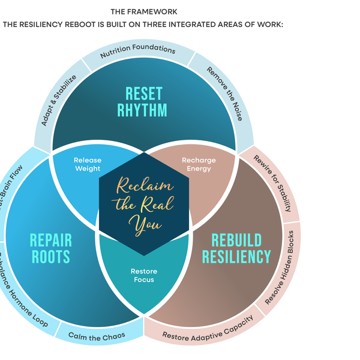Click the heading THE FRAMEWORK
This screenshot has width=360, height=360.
pos(144,11)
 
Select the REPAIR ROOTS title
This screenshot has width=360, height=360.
pos(51,249)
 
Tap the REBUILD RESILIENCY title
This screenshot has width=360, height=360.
pos(236,249)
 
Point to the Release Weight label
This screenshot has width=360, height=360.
pos(88,164)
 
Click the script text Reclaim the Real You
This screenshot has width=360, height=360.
pos(143,204)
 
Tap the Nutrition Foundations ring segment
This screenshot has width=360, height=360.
pos(137,51)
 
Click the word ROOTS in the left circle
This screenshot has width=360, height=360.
pos(51,257)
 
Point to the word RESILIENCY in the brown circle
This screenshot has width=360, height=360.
pos(236,257)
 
